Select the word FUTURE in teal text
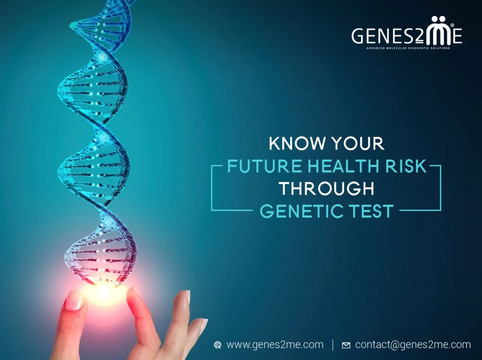pyautogui.click(x=264, y=166)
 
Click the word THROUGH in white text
pyautogui.click(x=327, y=189)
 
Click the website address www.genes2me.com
pyautogui.click(x=275, y=345)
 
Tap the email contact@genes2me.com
pyautogui.click(x=413, y=345)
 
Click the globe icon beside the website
pyautogui.click(x=218, y=345)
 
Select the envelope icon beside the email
pyautogui.click(x=346, y=346)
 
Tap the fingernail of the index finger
pyautogui.click(x=74, y=301)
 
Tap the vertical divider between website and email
pyautogui.click(x=333, y=345)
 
